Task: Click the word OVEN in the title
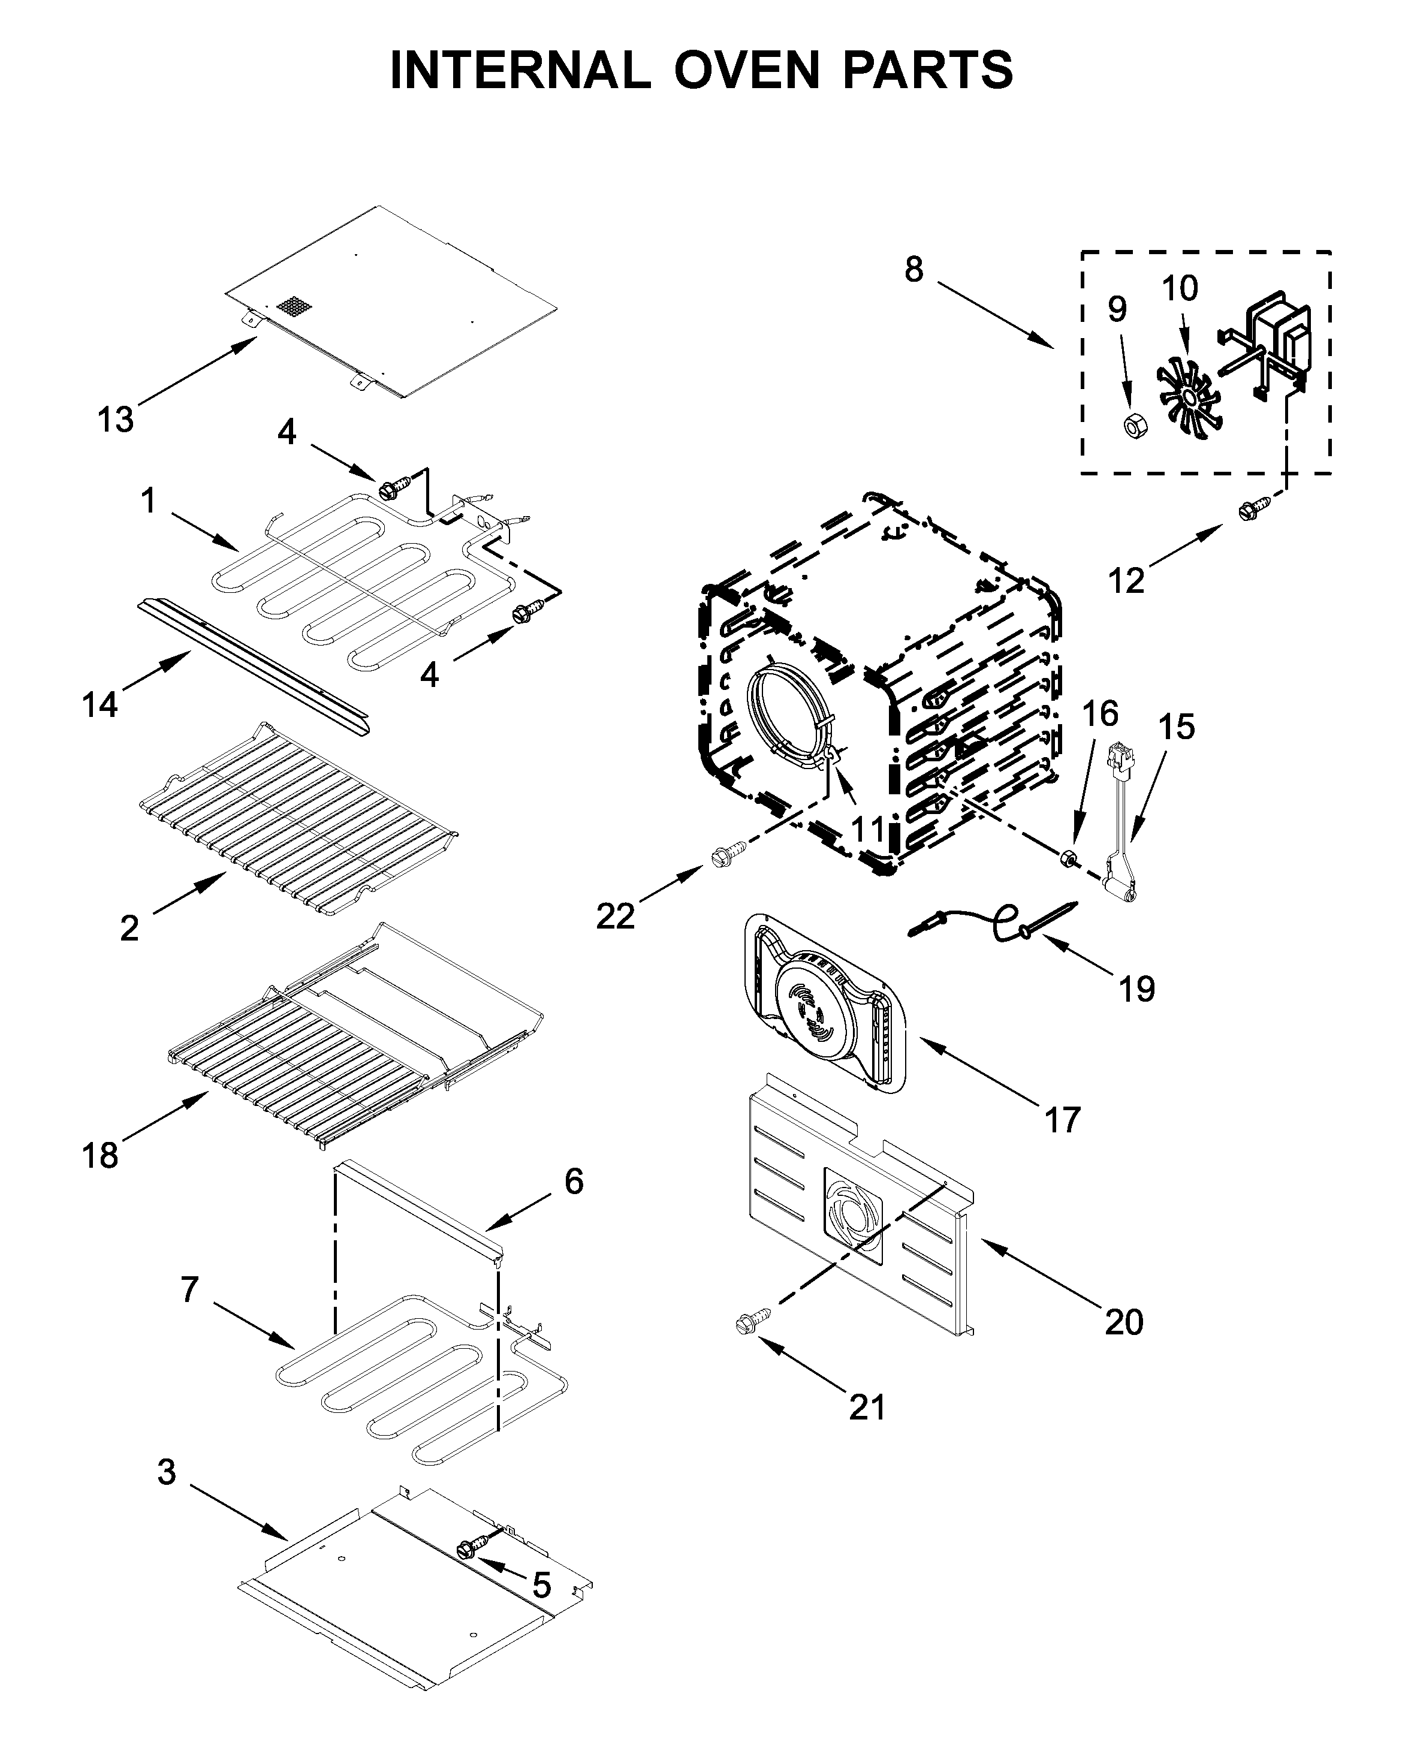(x=747, y=71)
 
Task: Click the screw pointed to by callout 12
(x=1249, y=511)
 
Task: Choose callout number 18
(x=100, y=1155)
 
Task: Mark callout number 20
(x=1124, y=1322)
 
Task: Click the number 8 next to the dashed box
(x=914, y=269)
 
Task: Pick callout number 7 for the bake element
(x=189, y=1289)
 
